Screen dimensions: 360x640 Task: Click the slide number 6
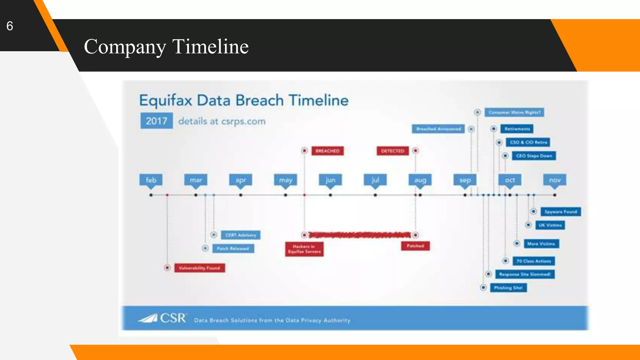click(x=10, y=26)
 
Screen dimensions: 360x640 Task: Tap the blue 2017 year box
click(x=156, y=121)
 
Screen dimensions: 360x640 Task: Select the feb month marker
click(x=151, y=180)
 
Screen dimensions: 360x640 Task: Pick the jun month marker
click(x=330, y=180)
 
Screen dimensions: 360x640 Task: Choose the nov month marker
click(x=555, y=180)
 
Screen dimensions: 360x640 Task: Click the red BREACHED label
click(x=327, y=151)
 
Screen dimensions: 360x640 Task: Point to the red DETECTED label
click(x=392, y=151)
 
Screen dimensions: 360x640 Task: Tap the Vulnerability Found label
click(x=199, y=268)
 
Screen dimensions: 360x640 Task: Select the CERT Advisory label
click(x=240, y=235)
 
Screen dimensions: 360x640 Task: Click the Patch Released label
click(x=233, y=248)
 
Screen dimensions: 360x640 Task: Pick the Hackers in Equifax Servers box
click(x=304, y=249)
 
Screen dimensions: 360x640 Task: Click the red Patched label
click(x=415, y=246)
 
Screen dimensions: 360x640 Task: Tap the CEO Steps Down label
click(x=534, y=156)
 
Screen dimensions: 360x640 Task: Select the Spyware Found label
click(x=561, y=212)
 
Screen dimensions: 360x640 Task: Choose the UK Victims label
click(x=550, y=225)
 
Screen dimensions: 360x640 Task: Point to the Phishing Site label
click(x=508, y=287)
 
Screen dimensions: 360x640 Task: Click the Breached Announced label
click(x=438, y=129)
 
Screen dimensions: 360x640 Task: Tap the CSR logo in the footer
click(x=163, y=318)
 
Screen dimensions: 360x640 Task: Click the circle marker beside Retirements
click(x=494, y=129)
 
